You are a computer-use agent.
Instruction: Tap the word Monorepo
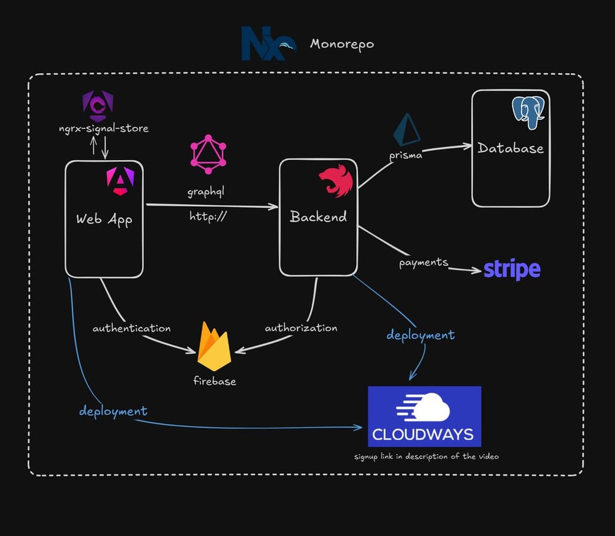342,44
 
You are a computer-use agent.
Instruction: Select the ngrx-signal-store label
100,128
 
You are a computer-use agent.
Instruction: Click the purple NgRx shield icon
98,106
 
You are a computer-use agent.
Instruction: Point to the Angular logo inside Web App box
116,182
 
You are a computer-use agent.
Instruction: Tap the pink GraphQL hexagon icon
208,154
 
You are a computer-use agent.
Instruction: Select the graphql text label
205,192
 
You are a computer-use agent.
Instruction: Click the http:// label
208,216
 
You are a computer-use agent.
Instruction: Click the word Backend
318,217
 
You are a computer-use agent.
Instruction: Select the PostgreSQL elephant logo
528,111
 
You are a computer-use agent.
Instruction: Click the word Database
510,148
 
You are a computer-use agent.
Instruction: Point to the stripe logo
512,270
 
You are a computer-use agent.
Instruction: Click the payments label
423,263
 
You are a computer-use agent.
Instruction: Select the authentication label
132,329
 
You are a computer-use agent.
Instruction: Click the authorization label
301,328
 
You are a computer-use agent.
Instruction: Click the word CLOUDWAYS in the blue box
423,434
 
